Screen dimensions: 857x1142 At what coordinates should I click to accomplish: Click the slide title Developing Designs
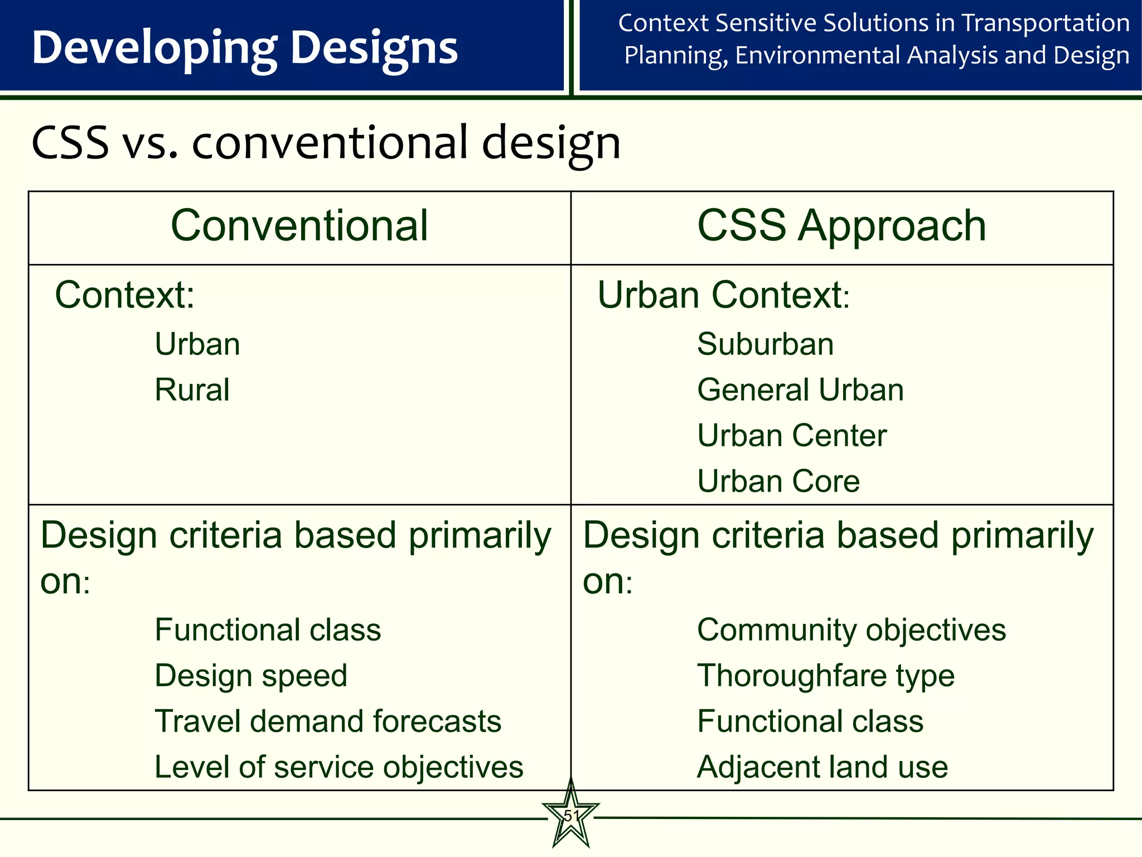click(245, 48)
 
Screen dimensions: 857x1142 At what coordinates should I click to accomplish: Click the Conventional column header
click(299, 225)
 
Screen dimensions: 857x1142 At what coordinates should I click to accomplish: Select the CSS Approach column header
click(841, 225)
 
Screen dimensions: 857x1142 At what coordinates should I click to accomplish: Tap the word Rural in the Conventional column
click(192, 389)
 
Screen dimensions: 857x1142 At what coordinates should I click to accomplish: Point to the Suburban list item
click(765, 344)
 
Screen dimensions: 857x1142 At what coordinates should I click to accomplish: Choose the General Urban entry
click(800, 389)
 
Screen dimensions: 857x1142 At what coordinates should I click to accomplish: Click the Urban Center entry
click(792, 435)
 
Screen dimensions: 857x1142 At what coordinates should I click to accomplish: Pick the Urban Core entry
click(778, 481)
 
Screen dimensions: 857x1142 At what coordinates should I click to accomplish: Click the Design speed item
click(251, 676)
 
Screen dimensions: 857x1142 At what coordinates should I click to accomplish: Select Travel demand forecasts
click(328, 721)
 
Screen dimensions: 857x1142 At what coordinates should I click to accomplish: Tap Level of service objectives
click(338, 767)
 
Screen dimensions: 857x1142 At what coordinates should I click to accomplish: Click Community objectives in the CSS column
click(851, 630)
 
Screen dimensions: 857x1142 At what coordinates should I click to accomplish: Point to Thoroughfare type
click(826, 676)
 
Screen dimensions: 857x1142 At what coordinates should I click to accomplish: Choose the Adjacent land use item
click(822, 767)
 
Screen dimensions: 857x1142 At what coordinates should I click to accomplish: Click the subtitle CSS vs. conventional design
click(326, 143)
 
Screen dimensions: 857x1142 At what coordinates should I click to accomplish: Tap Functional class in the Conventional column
click(268, 630)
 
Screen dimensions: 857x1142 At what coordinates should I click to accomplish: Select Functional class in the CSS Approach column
click(810, 721)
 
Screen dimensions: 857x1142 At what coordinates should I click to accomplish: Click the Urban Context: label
click(723, 295)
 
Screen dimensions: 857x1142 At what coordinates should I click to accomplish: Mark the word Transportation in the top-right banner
click(1046, 23)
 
